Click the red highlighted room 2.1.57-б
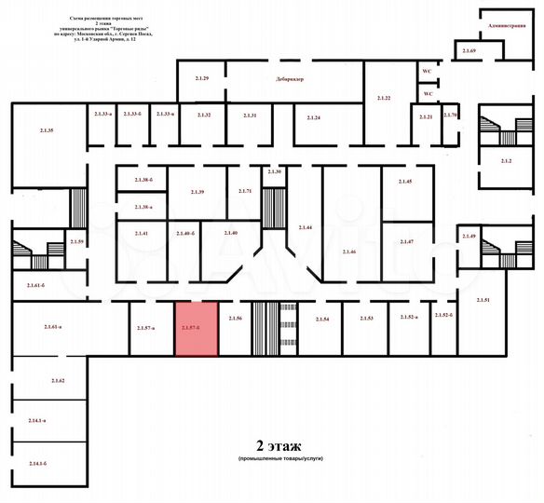click(x=197, y=329)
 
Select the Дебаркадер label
click(x=291, y=80)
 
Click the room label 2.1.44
click(x=306, y=227)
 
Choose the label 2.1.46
click(x=349, y=252)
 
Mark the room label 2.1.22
click(x=383, y=98)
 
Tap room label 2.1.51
click(x=483, y=299)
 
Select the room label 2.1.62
click(x=58, y=382)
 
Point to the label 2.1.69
click(x=469, y=49)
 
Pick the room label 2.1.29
click(x=201, y=78)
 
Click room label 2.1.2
click(x=506, y=161)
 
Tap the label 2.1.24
click(x=313, y=117)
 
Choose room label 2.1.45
click(x=404, y=182)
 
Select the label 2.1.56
click(x=235, y=319)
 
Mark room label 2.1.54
click(x=322, y=319)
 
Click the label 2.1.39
click(x=197, y=191)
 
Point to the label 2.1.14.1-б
click(x=37, y=463)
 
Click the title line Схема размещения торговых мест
click(x=111, y=18)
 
